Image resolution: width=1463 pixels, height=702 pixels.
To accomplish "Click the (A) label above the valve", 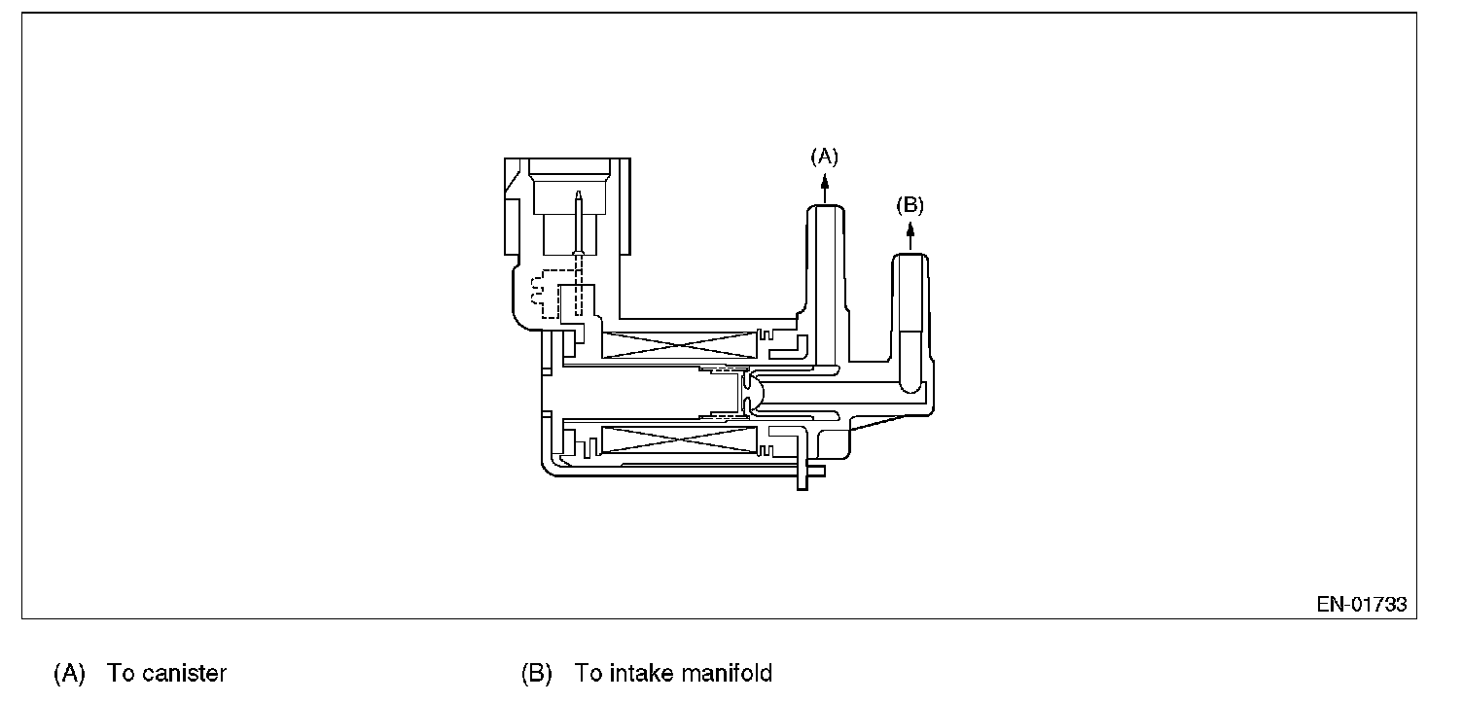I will pos(824,156).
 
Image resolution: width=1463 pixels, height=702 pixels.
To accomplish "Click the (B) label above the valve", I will pos(909,204).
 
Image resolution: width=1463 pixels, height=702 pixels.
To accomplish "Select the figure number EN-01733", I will pos(1361,604).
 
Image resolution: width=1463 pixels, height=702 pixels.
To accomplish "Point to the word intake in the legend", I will pos(638,673).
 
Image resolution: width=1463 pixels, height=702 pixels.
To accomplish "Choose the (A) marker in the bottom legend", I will pos(69,673).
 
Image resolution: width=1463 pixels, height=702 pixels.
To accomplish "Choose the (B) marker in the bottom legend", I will pos(536,673).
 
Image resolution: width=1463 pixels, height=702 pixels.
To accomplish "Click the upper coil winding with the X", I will pos(679,342).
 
